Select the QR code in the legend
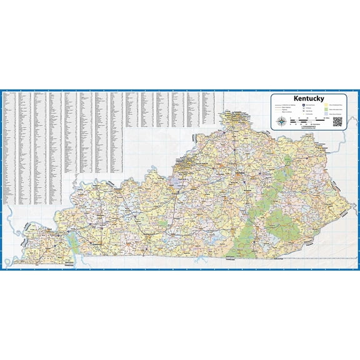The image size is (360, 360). pyautogui.click(x=338, y=122)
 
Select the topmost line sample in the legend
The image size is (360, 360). pyautogui.click(x=279, y=105)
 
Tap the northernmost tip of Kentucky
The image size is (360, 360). pyautogui.click(x=232, y=112)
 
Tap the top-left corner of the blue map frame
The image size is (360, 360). pyautogui.click(x=1, y=91)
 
